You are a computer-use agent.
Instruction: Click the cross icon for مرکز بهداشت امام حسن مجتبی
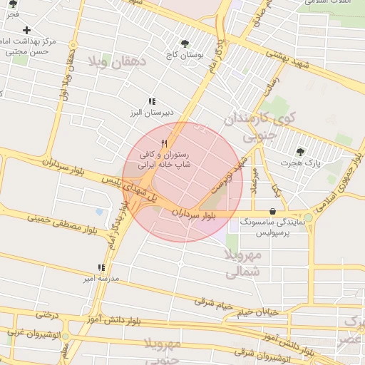[26, 30]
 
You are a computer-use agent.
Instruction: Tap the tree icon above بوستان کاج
[185, 43]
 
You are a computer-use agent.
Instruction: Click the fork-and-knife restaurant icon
[165, 143]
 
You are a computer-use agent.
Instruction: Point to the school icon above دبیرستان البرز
[151, 102]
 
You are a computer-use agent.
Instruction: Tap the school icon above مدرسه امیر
[101, 268]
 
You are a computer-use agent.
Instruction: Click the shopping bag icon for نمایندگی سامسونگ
[274, 211]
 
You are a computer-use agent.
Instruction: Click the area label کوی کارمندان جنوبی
[249, 125]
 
